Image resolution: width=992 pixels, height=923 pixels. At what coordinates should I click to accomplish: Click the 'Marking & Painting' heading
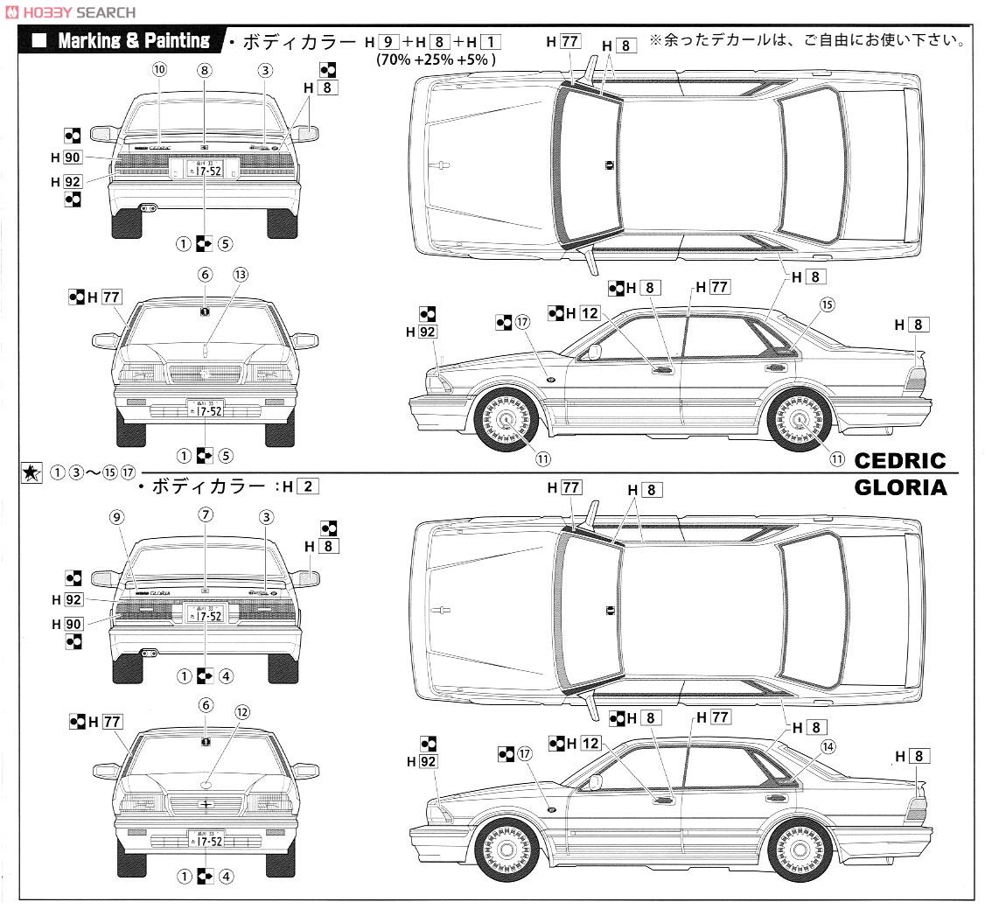pyautogui.click(x=133, y=40)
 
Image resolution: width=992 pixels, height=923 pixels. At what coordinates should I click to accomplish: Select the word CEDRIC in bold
pyautogui.click(x=900, y=460)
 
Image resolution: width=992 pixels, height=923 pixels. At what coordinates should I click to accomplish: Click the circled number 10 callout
pyautogui.click(x=158, y=69)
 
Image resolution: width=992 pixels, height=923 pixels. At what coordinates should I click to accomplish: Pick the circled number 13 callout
pyautogui.click(x=241, y=274)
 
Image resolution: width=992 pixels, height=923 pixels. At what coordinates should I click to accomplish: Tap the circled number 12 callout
pyautogui.click(x=241, y=712)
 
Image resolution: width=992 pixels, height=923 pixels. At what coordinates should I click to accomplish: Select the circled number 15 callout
pyautogui.click(x=827, y=304)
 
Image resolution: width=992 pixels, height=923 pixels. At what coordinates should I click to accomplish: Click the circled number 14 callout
pyautogui.click(x=828, y=745)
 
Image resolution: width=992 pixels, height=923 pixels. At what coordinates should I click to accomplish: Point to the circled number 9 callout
pyautogui.click(x=117, y=516)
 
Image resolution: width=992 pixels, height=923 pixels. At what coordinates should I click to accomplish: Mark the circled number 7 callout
pyautogui.click(x=205, y=514)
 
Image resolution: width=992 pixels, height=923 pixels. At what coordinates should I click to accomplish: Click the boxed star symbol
pyautogui.click(x=31, y=472)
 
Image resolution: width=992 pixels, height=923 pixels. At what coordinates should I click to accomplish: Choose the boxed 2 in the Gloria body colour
pyautogui.click(x=306, y=486)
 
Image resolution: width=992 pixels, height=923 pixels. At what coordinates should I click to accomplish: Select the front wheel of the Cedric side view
pyautogui.click(x=505, y=417)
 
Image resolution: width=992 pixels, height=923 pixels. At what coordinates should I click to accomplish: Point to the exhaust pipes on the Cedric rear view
pyautogui.click(x=148, y=208)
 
